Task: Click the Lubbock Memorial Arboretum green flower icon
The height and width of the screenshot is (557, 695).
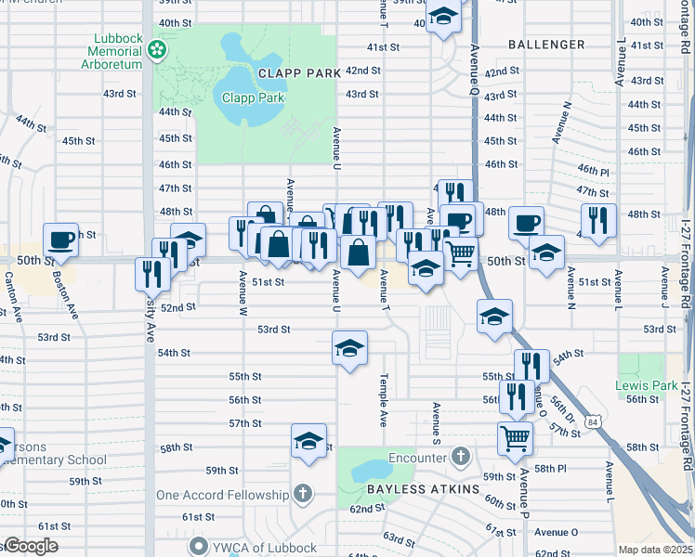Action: pos(159,47)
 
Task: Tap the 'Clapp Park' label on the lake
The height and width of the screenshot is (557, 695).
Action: pos(252,97)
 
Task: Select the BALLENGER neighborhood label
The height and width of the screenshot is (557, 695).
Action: pos(546,45)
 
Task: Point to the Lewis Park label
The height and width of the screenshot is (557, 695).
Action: pos(646,384)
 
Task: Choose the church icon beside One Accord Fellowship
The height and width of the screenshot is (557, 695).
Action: pos(304,494)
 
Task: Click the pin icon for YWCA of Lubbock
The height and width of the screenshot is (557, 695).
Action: pos(196,545)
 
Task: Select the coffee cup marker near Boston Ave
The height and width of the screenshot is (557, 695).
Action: pos(61,240)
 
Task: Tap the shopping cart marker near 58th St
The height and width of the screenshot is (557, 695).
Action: pos(515,437)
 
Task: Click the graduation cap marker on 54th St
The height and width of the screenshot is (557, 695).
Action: pos(349,349)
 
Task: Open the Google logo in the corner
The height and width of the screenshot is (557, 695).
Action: pos(30,546)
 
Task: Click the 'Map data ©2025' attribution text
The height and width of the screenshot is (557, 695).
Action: pos(656,550)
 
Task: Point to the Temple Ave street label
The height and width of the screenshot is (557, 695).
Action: pos(382,400)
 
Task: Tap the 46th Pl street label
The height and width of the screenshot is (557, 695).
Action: pos(592,172)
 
